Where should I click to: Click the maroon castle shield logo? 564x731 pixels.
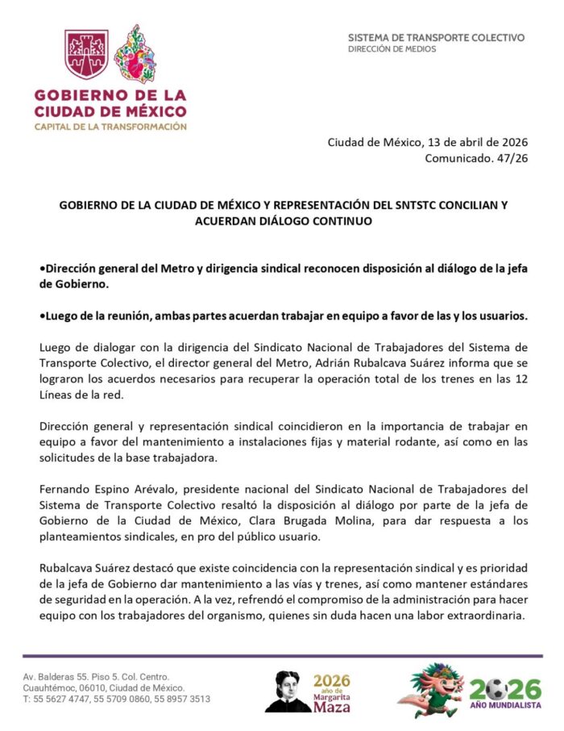tap(87, 53)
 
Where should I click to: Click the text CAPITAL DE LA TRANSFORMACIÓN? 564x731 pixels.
tap(110, 127)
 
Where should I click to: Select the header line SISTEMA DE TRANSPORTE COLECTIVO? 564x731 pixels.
tap(436, 37)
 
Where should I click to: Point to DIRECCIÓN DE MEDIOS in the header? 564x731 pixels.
tap(392, 49)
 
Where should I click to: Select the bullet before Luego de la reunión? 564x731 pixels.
tap(42, 315)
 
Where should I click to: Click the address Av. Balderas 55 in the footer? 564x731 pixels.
tap(60, 676)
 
